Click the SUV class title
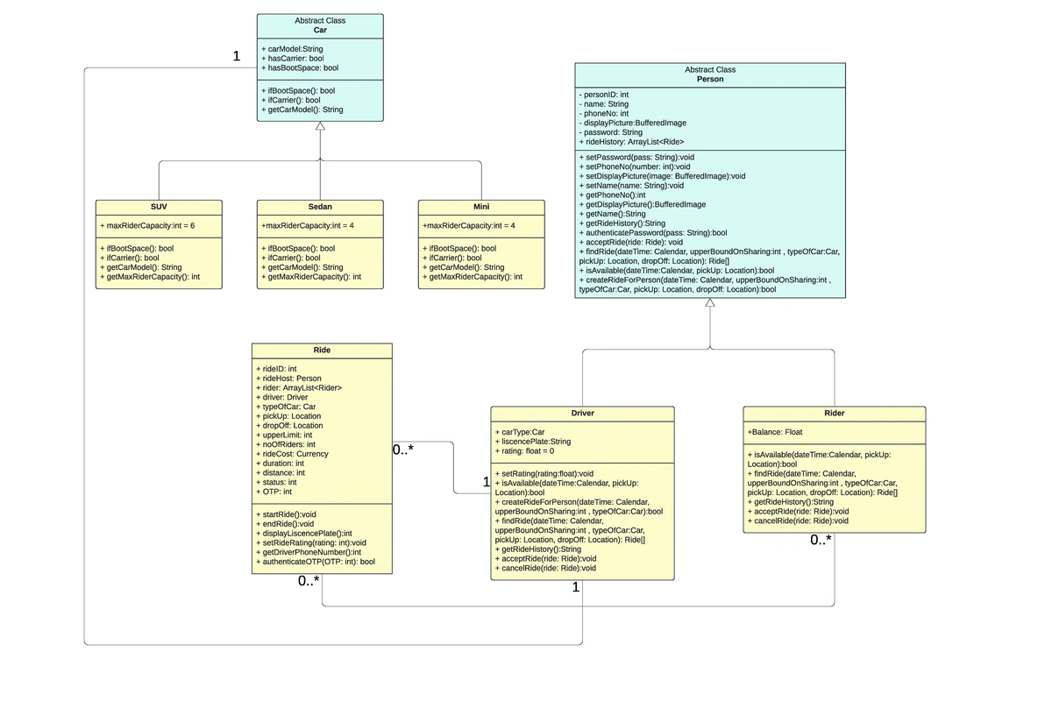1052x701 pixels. [159, 207]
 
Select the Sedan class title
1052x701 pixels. [320, 207]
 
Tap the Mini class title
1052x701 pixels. [481, 207]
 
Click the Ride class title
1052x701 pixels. [322, 350]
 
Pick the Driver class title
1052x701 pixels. [582, 413]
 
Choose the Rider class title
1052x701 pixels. [834, 413]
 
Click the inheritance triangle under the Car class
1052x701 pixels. [320, 126]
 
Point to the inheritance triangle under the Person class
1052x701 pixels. [710, 303]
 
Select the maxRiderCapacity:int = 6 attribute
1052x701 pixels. [147, 225]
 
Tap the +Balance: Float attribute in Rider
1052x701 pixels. [775, 432]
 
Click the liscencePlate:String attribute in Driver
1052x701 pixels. [533, 442]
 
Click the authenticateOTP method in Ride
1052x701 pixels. [316, 562]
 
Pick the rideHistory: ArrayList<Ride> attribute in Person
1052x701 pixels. [631, 141]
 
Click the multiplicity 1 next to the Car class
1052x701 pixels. [237, 56]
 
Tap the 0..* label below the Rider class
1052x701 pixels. [821, 540]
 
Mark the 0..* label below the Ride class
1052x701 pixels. [309, 581]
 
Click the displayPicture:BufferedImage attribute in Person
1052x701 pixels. [633, 123]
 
